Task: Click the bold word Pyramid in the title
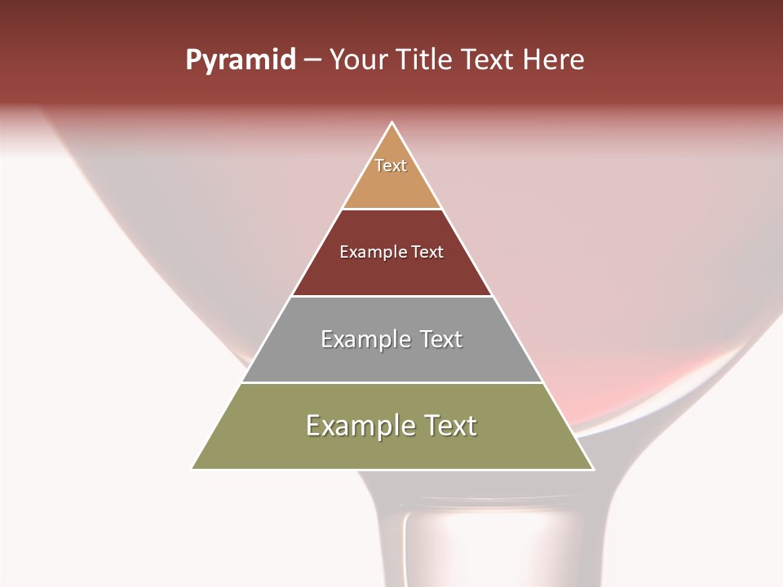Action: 240,60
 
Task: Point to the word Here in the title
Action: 553,60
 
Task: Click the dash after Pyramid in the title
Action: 312,60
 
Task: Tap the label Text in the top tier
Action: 391,166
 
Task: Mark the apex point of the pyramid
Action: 392,123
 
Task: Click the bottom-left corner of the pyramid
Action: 193,469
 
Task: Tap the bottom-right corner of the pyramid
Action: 592,469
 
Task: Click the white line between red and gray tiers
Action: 391,296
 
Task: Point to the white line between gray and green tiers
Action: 391,382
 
